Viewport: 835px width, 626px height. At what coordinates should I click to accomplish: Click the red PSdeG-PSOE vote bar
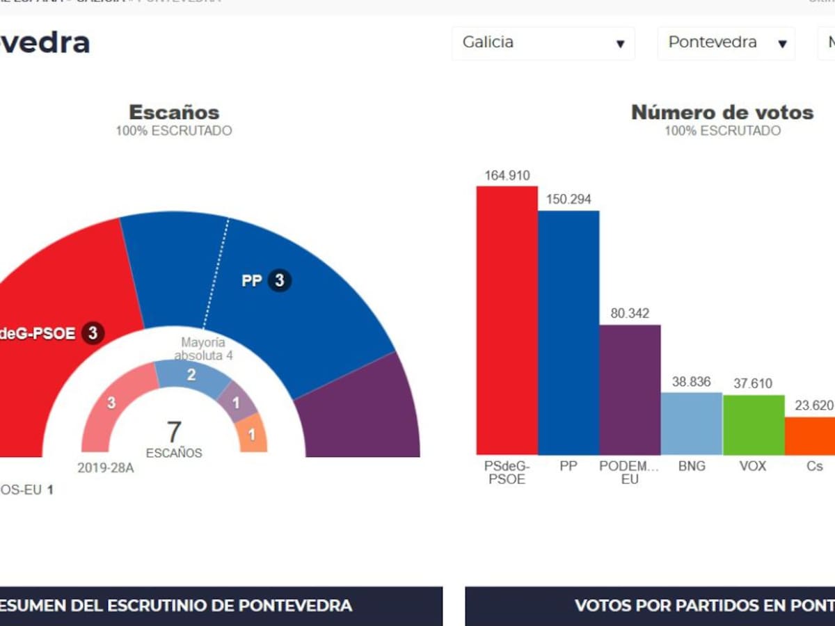click(x=507, y=320)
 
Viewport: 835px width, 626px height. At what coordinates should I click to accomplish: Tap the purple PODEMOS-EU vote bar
click(x=630, y=390)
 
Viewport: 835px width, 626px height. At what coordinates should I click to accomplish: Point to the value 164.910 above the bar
click(x=507, y=175)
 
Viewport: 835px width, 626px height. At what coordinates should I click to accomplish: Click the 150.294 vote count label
click(x=568, y=200)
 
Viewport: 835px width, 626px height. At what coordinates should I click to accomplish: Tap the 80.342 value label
click(x=630, y=314)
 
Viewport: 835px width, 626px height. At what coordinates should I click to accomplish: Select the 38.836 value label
click(x=691, y=382)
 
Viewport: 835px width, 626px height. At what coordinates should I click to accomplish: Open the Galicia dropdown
click(x=543, y=42)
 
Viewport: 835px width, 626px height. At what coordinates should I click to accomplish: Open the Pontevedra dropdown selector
click(x=726, y=42)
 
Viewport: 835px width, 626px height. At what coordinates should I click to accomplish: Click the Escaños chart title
click(x=174, y=112)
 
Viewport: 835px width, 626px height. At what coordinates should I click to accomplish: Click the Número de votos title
click(x=722, y=112)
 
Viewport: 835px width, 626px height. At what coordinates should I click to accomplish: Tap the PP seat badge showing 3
click(x=280, y=280)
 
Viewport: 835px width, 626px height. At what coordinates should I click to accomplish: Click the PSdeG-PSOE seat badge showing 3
click(x=93, y=333)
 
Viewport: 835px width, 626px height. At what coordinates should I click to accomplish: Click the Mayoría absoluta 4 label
click(x=203, y=349)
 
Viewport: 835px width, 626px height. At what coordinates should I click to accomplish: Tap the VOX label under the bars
click(x=753, y=466)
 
